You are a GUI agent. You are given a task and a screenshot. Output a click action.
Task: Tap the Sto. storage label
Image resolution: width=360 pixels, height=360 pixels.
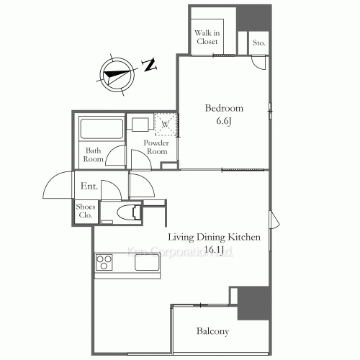(x=259, y=43)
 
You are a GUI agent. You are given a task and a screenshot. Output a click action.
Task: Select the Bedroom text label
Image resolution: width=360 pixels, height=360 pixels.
(x=224, y=109)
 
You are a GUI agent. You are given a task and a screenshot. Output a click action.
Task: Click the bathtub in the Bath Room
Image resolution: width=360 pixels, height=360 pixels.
(x=100, y=130)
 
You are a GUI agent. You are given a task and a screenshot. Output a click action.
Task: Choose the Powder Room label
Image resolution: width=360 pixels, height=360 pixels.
(x=157, y=147)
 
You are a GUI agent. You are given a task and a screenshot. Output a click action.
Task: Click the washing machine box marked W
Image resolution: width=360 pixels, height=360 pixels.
(x=166, y=124)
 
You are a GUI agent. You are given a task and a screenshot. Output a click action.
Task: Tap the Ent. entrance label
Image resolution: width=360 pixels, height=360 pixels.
(x=89, y=186)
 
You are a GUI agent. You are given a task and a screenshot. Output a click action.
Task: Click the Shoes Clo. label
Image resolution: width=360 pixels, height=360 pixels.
(x=85, y=210)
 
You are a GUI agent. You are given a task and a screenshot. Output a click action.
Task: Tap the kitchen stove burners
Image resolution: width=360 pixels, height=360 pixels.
(x=103, y=261)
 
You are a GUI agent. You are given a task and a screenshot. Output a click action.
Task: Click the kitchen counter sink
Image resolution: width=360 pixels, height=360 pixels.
(x=145, y=263)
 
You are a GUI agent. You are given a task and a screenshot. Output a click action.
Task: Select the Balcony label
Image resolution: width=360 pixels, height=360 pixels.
(x=212, y=332)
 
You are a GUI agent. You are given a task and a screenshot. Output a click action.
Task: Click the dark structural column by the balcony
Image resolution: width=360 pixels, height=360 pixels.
(x=254, y=303)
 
